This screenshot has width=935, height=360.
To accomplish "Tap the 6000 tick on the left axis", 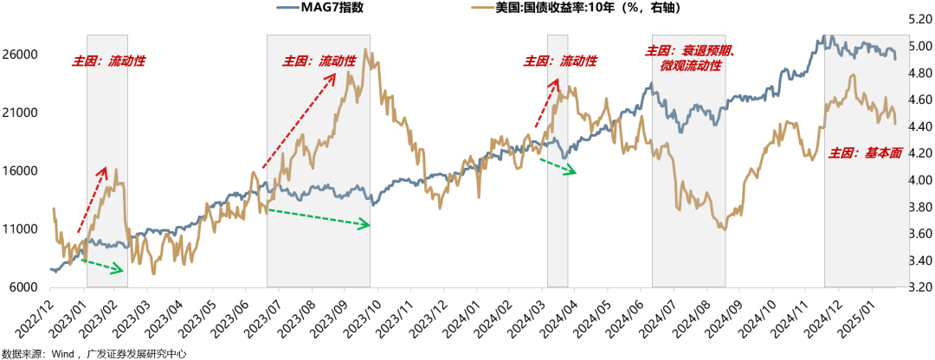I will [28, 287].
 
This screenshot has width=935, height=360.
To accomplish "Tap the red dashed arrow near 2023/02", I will [92, 199].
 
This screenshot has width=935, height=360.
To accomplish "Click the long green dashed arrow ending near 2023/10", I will [319, 217].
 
